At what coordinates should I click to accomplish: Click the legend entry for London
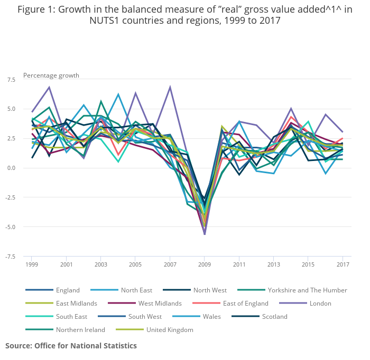(x=321, y=304)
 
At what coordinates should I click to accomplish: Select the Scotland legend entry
(x=275, y=317)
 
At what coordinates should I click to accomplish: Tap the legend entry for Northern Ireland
(x=80, y=330)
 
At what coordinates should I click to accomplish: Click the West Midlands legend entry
(x=159, y=304)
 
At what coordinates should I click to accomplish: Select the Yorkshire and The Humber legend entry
(x=307, y=290)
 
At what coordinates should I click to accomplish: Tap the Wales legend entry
(x=212, y=317)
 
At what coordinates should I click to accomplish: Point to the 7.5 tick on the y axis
(x=11, y=79)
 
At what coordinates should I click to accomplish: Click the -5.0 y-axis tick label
(x=10, y=227)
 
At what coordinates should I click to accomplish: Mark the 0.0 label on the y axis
(x=11, y=168)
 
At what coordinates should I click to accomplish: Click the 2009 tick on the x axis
(x=205, y=264)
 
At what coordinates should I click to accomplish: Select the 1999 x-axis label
(x=31, y=264)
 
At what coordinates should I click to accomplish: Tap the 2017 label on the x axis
(x=343, y=264)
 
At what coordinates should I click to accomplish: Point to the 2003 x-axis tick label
(x=100, y=264)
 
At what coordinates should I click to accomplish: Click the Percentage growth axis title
(x=51, y=75)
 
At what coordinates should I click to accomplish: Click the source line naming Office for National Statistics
(x=71, y=346)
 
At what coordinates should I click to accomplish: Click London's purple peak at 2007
(x=170, y=87)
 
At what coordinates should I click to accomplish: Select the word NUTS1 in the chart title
(x=106, y=21)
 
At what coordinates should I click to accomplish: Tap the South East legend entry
(x=72, y=317)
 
